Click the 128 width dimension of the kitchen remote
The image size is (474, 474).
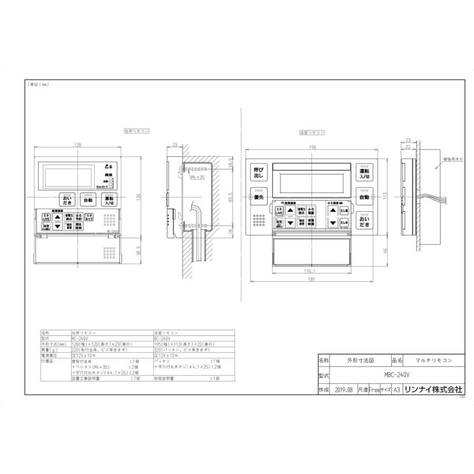pos(77,144)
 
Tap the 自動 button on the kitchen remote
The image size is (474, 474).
pos(87,200)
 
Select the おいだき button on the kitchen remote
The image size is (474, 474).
pos(67,200)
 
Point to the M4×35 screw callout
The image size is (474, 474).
pos(196,177)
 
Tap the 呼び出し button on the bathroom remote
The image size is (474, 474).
pos(258,173)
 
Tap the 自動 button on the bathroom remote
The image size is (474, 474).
pos(364,197)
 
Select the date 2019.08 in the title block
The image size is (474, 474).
pos(343,390)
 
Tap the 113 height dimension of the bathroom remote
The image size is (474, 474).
pos(385,194)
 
